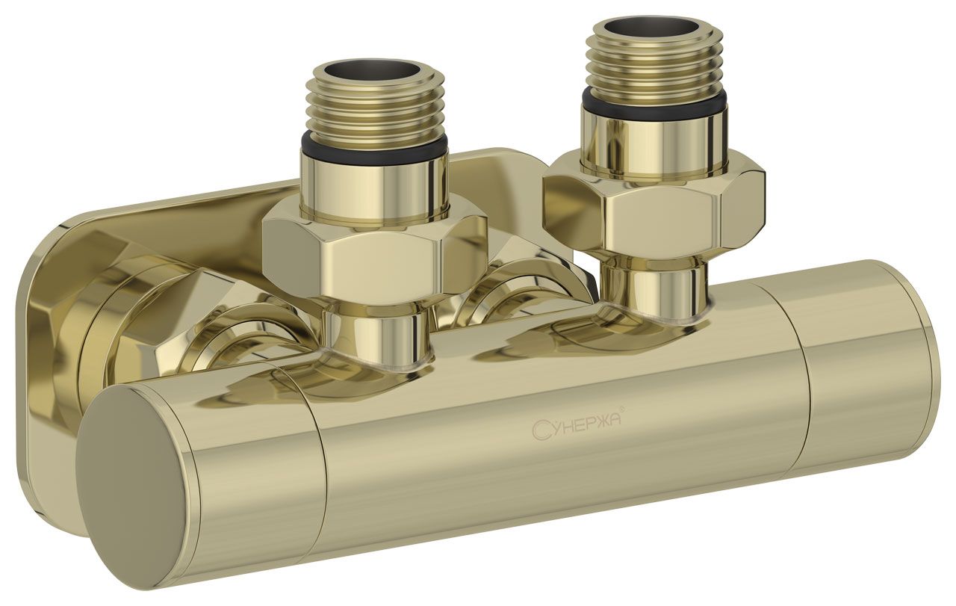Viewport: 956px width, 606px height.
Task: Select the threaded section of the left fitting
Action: click(x=376, y=102)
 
